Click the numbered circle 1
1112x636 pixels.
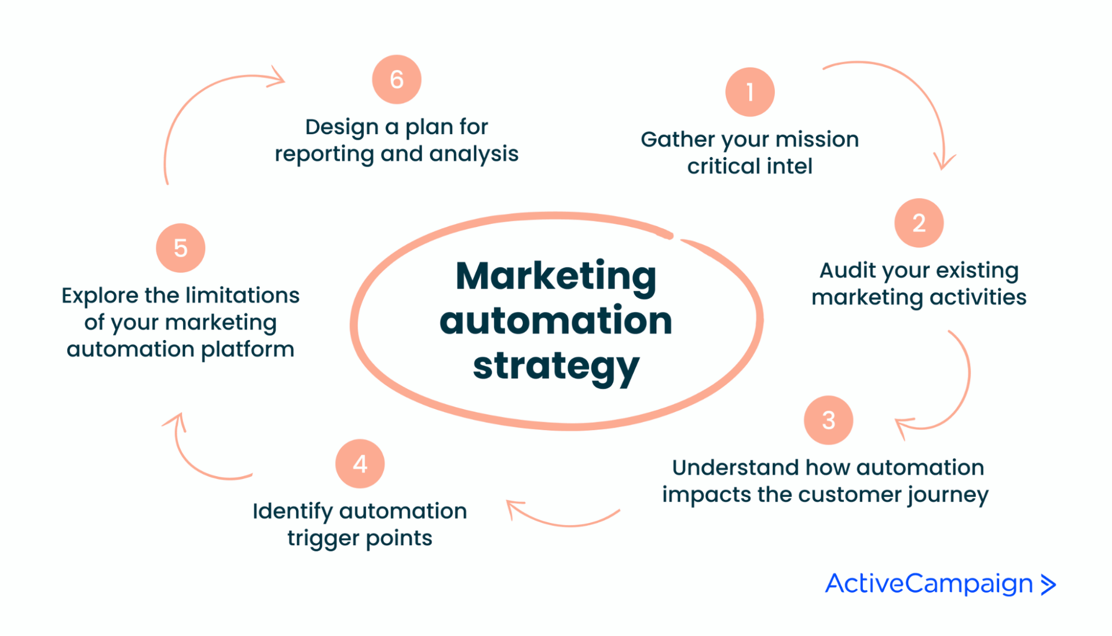pyautogui.click(x=750, y=92)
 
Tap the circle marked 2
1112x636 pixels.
pyautogui.click(x=919, y=223)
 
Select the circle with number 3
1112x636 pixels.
pyautogui.click(x=828, y=420)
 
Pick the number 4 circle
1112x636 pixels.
pyautogui.click(x=360, y=463)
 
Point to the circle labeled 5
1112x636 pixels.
pyautogui.click(x=181, y=248)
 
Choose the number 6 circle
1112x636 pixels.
pyautogui.click(x=397, y=79)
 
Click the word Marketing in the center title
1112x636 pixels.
pyautogui.click(x=556, y=276)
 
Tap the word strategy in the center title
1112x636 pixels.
pyautogui.click(x=556, y=367)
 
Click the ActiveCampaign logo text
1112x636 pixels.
pyautogui.click(x=929, y=584)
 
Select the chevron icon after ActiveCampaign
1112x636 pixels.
pyautogui.click(x=1048, y=584)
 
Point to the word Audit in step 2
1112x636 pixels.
pyautogui.click(x=847, y=271)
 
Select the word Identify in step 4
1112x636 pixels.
pyautogui.click(x=292, y=511)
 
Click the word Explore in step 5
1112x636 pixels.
pyautogui.click(x=100, y=296)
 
